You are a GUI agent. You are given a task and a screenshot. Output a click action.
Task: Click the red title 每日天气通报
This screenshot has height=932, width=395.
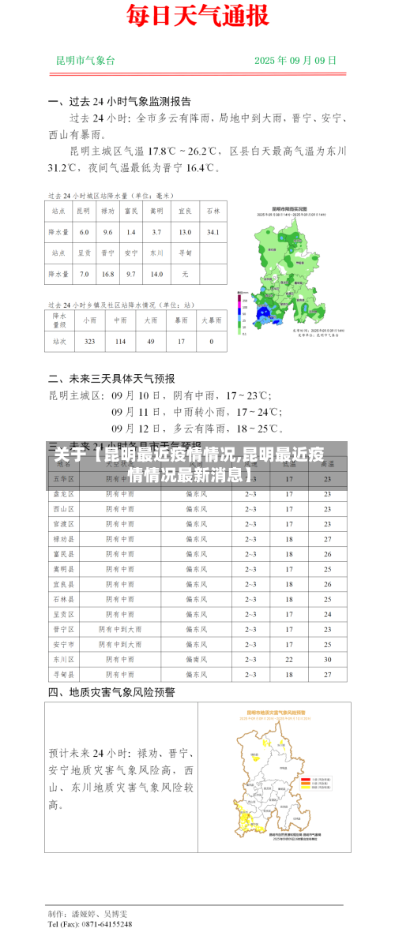click(197, 16)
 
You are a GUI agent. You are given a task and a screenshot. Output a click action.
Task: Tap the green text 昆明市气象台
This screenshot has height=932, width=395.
click(85, 60)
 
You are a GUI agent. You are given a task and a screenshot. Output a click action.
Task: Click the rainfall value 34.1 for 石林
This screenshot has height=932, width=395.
click(213, 232)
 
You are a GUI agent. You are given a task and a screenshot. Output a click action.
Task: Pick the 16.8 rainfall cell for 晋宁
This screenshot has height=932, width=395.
click(108, 274)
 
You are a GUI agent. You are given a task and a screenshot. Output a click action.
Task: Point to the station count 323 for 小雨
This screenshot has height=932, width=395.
click(89, 341)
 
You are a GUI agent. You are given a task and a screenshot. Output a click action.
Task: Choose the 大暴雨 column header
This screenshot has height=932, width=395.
click(211, 320)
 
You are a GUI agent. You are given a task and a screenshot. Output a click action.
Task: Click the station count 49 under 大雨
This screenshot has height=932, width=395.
click(150, 341)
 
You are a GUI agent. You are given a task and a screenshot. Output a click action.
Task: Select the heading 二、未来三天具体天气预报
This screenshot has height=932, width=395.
click(111, 378)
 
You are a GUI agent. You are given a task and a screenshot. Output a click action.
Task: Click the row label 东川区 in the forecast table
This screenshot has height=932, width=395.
click(63, 659)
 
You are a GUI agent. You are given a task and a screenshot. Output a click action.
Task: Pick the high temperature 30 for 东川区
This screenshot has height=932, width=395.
click(327, 659)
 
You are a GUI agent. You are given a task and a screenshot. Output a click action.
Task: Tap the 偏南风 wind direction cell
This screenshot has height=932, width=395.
click(196, 659)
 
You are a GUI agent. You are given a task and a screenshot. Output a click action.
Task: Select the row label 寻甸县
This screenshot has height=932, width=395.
click(63, 675)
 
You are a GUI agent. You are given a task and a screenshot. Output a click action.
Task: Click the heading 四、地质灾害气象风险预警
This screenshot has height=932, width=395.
click(111, 692)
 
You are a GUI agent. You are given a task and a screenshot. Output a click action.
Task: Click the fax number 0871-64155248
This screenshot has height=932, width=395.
click(101, 923)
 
